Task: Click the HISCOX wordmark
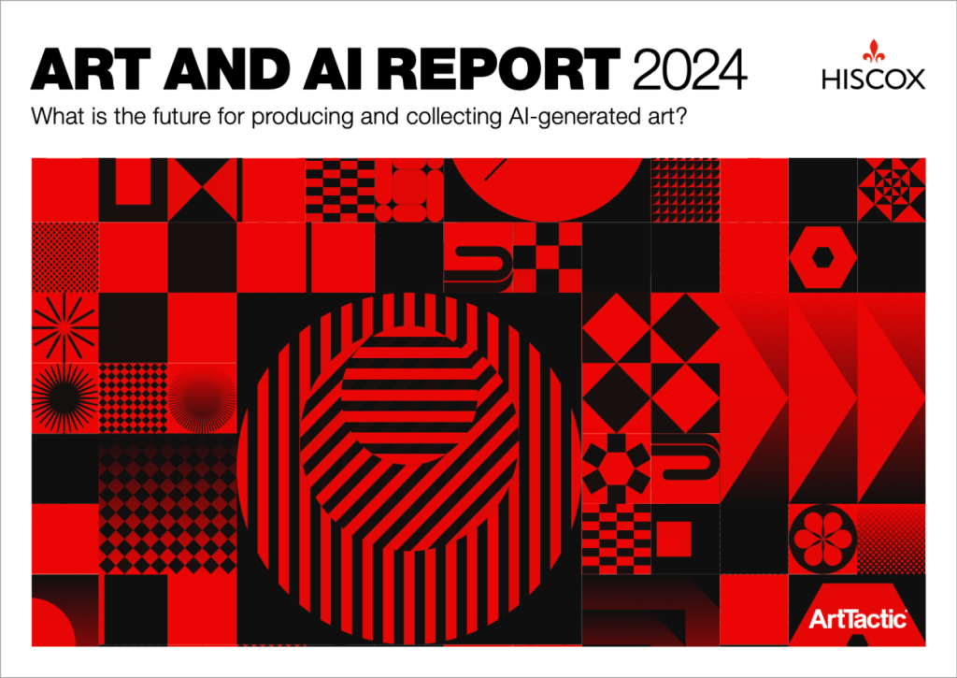(x=874, y=79)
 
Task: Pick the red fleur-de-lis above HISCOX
(x=874, y=52)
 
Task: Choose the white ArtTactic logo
(x=858, y=619)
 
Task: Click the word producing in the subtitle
(x=303, y=117)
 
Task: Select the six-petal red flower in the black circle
(x=822, y=539)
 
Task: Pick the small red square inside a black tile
(x=673, y=539)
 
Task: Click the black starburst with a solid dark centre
(x=64, y=398)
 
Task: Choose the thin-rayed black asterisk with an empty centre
(x=64, y=327)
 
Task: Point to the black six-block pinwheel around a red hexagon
(x=616, y=469)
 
